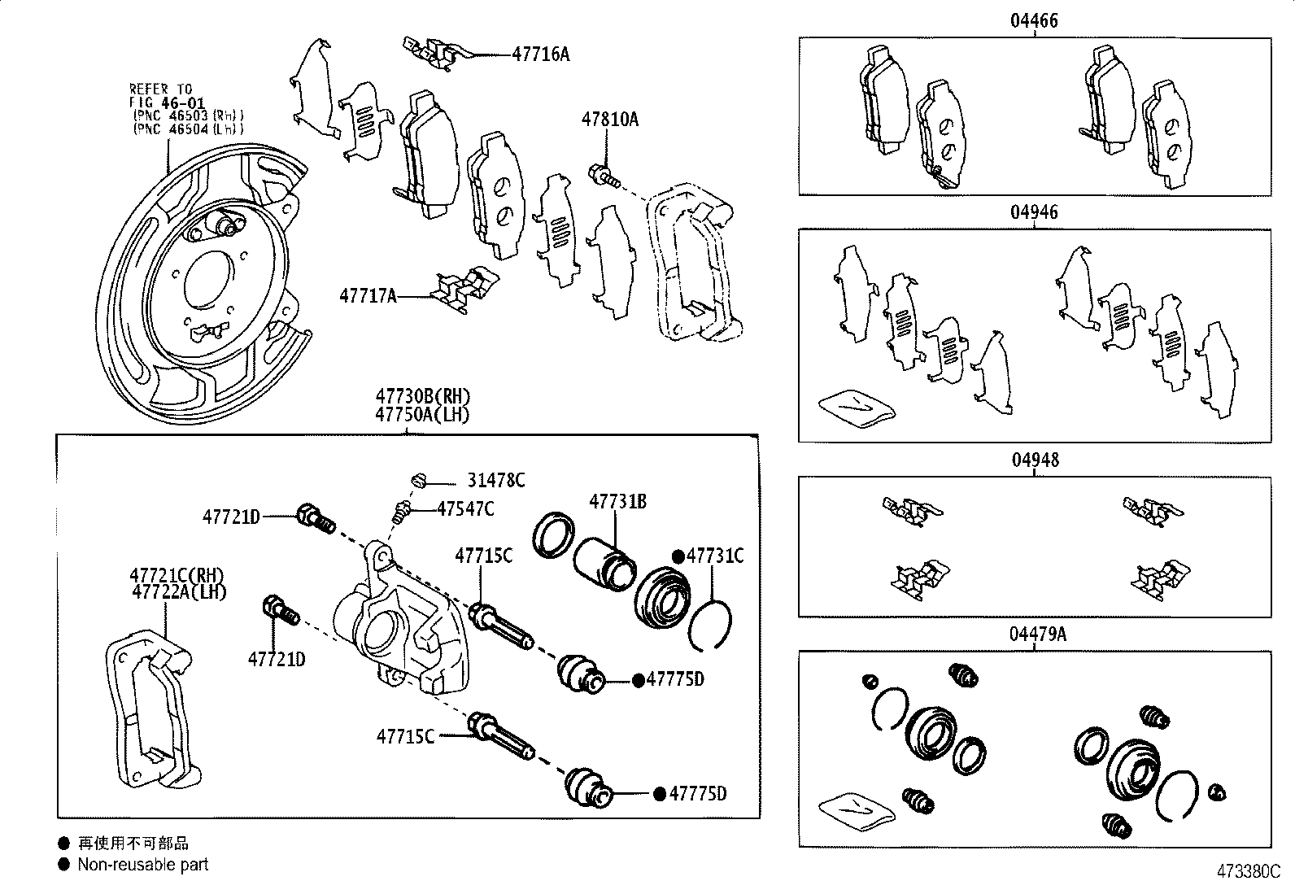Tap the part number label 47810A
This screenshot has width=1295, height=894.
(x=609, y=120)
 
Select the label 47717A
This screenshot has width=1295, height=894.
(x=368, y=296)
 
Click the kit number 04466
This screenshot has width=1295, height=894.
(x=1034, y=21)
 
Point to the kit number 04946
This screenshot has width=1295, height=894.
(x=1034, y=212)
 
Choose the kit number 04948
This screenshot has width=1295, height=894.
(x=1034, y=460)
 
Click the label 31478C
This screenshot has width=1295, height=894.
(x=495, y=481)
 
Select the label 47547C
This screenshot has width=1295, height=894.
(x=465, y=509)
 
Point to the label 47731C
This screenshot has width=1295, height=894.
(x=715, y=556)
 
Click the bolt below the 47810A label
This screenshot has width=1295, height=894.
(x=602, y=173)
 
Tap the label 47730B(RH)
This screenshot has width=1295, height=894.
(x=423, y=397)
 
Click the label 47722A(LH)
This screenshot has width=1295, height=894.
(x=179, y=592)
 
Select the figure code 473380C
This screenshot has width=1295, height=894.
(x=1249, y=872)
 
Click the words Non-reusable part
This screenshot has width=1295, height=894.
(x=143, y=865)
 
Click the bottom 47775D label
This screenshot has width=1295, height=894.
(x=697, y=793)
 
